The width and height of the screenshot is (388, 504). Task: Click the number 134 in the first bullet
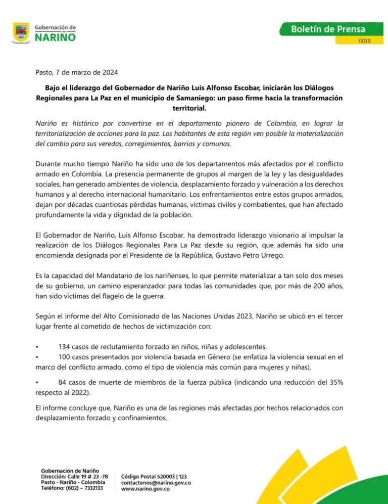pyautogui.click(x=65, y=346)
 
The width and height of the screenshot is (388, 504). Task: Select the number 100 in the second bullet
pyautogui.click(x=65, y=357)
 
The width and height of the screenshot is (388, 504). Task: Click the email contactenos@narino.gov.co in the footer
pyautogui.click(x=156, y=483)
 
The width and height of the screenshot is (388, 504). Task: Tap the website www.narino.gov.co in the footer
pyautogui.click(x=145, y=489)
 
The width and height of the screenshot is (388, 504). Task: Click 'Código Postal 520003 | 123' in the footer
pyautogui.click(x=154, y=476)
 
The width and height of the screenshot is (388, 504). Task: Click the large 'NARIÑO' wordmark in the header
pyautogui.click(x=56, y=37)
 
